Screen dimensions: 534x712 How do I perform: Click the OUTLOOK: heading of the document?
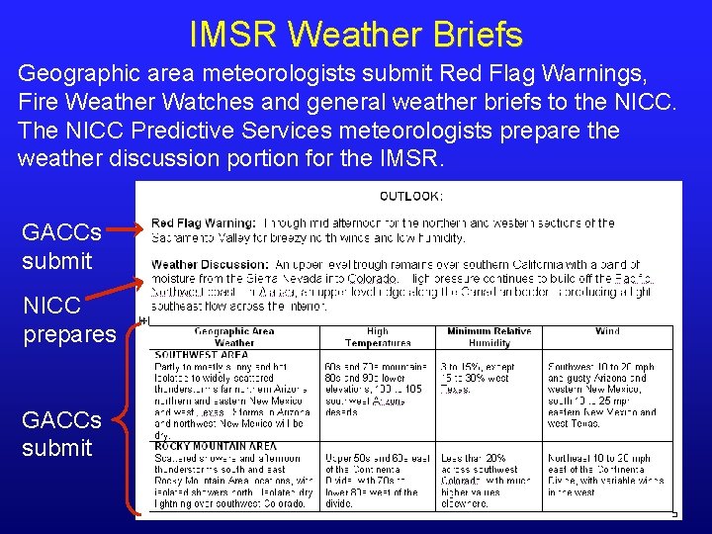[x=410, y=196]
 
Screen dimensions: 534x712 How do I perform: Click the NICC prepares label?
[x=68, y=319]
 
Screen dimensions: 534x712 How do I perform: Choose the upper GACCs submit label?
[x=60, y=247]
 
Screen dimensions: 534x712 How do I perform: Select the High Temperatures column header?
[x=378, y=337]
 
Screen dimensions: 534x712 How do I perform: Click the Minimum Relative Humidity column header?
[x=489, y=337]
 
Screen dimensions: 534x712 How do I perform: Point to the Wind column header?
[x=607, y=332]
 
